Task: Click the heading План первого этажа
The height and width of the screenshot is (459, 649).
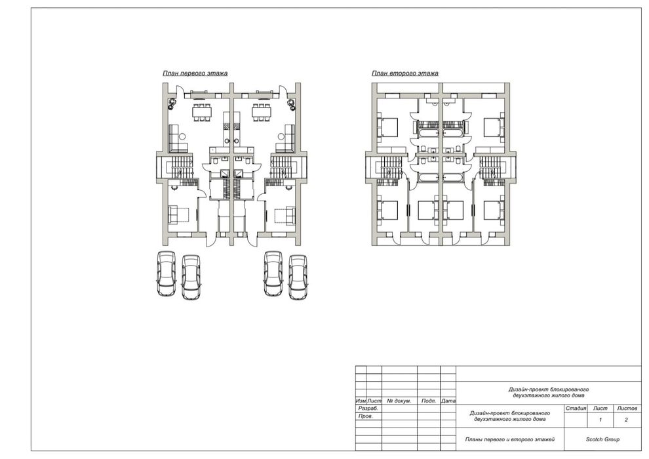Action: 195,73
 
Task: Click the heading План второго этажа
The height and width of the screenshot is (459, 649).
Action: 404,73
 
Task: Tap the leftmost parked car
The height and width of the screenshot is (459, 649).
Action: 167,273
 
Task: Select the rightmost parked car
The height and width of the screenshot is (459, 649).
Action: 298,277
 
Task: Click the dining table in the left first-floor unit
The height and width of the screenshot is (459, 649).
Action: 202,111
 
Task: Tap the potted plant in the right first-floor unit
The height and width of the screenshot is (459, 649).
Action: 292,103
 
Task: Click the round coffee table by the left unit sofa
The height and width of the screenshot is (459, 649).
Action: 182,136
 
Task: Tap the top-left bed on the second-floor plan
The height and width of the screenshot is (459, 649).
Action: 387,127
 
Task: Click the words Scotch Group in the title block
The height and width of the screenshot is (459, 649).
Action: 602,439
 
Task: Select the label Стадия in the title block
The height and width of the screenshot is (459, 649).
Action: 576,409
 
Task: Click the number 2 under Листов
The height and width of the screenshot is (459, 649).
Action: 626,420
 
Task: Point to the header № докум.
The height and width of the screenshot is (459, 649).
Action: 399,401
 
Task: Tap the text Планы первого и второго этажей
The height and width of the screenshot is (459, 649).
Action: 509,439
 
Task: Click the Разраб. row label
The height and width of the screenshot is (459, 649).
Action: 368,409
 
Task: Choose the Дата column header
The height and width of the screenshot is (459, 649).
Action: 448,401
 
